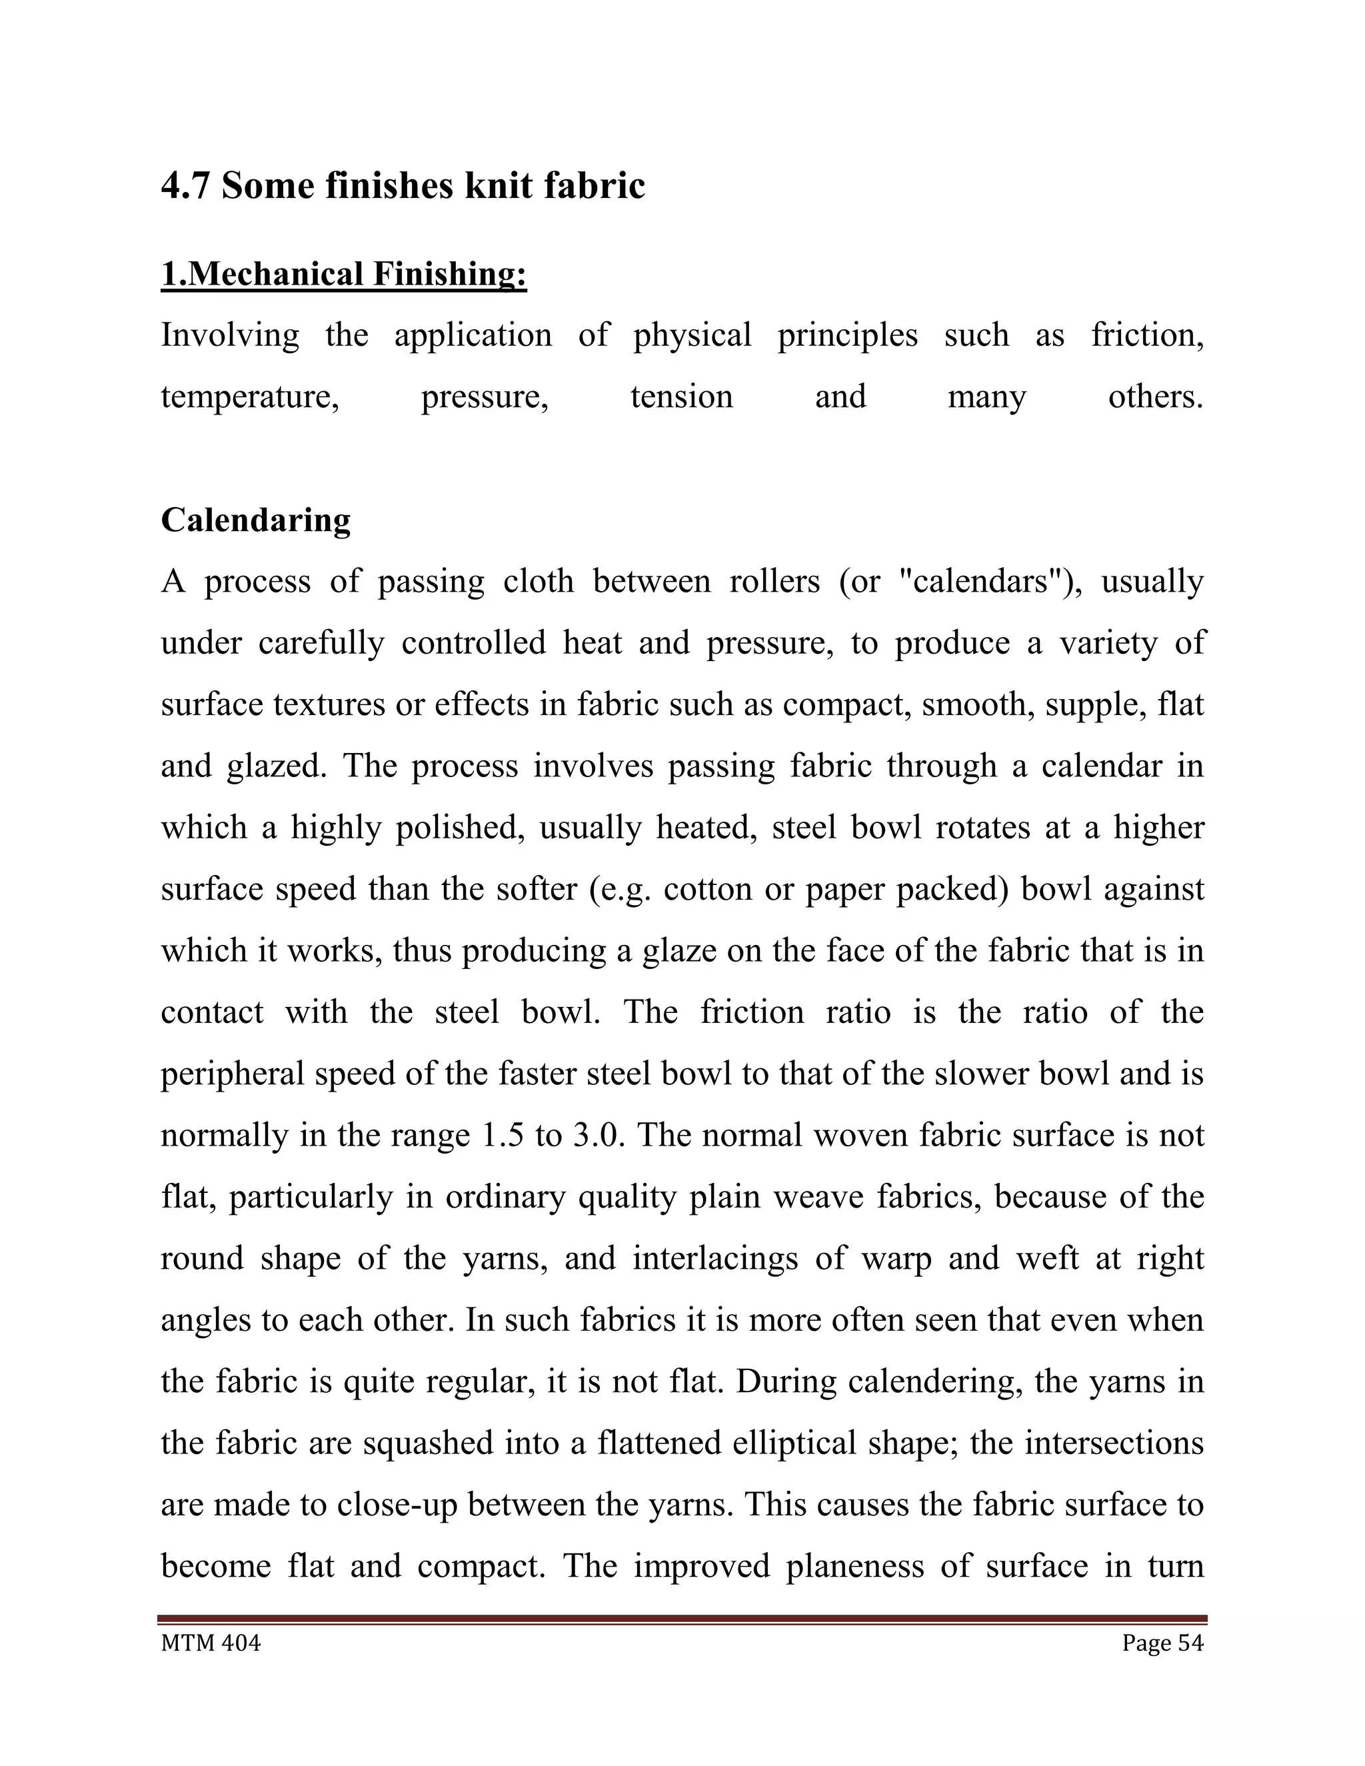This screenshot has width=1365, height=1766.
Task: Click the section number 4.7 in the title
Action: pyautogui.click(x=185, y=187)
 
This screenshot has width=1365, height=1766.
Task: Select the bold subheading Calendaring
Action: pyautogui.click(x=255, y=520)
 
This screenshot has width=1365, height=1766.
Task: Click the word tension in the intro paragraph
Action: pyautogui.click(x=681, y=397)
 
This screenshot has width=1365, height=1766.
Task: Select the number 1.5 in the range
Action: pyautogui.click(x=501, y=1136)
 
